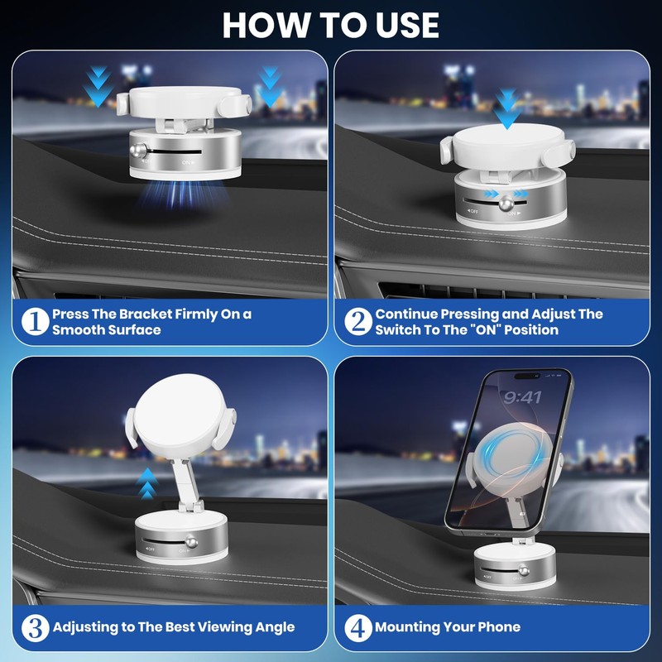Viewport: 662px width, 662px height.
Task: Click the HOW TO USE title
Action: [x=330, y=25]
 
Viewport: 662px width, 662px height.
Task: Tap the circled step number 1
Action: [x=34, y=321]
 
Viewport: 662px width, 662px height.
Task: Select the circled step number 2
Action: [x=357, y=321]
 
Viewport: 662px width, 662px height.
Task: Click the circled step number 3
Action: [x=34, y=627]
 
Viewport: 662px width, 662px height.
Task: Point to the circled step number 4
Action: [x=357, y=627]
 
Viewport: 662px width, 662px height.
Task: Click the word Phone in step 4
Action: [x=497, y=627]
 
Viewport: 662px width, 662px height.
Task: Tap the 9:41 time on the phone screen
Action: [x=522, y=398]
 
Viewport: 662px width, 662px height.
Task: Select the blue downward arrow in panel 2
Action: [x=506, y=108]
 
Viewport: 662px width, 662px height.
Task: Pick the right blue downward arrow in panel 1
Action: [x=270, y=86]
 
